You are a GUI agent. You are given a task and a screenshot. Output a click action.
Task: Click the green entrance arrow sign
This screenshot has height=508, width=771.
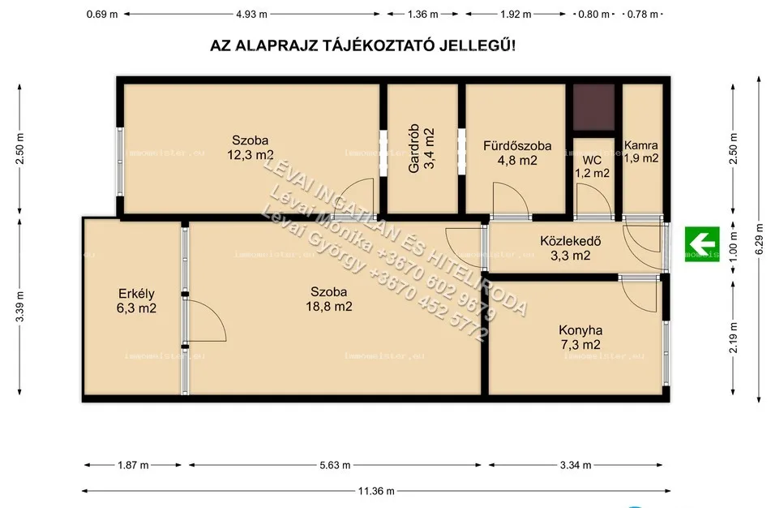702,242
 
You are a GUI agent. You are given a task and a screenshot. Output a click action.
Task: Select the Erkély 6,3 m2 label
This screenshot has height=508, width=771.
135,301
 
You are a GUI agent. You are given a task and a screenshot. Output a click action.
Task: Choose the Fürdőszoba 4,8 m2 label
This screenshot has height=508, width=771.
516,153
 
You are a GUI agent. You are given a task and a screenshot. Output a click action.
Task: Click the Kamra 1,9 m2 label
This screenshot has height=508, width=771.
640,152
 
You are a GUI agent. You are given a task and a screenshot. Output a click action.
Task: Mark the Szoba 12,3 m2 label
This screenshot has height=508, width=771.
249,147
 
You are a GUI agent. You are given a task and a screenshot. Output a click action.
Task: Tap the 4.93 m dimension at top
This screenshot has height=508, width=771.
251,15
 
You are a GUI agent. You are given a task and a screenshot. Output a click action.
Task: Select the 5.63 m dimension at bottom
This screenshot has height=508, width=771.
334,466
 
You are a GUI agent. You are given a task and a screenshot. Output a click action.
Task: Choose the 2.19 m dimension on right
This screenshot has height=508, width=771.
733,337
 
